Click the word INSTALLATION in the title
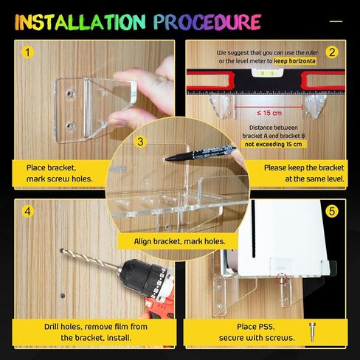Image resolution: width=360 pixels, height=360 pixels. coord(80,22)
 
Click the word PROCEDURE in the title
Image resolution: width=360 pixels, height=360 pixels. coord(207,22)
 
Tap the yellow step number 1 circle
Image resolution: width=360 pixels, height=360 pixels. coord(27,52)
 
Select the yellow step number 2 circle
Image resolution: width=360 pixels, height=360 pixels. coord(332,52)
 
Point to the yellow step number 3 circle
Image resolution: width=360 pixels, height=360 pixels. coord(140,142)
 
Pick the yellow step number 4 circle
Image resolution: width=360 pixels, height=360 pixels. coord(27,212)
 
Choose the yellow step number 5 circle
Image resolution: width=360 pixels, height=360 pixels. coord(332,212)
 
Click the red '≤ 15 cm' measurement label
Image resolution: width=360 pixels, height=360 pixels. coord(269,113)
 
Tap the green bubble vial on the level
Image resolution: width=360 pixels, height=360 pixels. coord(267,73)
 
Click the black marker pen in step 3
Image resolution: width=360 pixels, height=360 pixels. coord(201,153)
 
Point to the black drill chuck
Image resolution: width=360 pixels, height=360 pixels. coord(145,277)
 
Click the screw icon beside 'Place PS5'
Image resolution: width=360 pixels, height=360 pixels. coord(312,332)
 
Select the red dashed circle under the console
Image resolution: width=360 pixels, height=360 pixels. coord(282,278)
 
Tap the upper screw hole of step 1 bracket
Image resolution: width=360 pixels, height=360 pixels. coord(71,94)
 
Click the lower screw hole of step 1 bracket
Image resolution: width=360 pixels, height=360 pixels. coord(71,125)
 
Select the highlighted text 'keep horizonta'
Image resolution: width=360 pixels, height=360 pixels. coord(294,61)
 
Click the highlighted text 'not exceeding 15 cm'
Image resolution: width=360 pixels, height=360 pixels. coord(274,144)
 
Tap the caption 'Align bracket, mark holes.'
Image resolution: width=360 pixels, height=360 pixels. coord(179,241)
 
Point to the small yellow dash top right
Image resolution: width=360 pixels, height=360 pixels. coord(336,21)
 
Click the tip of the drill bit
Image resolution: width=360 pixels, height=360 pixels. coord(61,250)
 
